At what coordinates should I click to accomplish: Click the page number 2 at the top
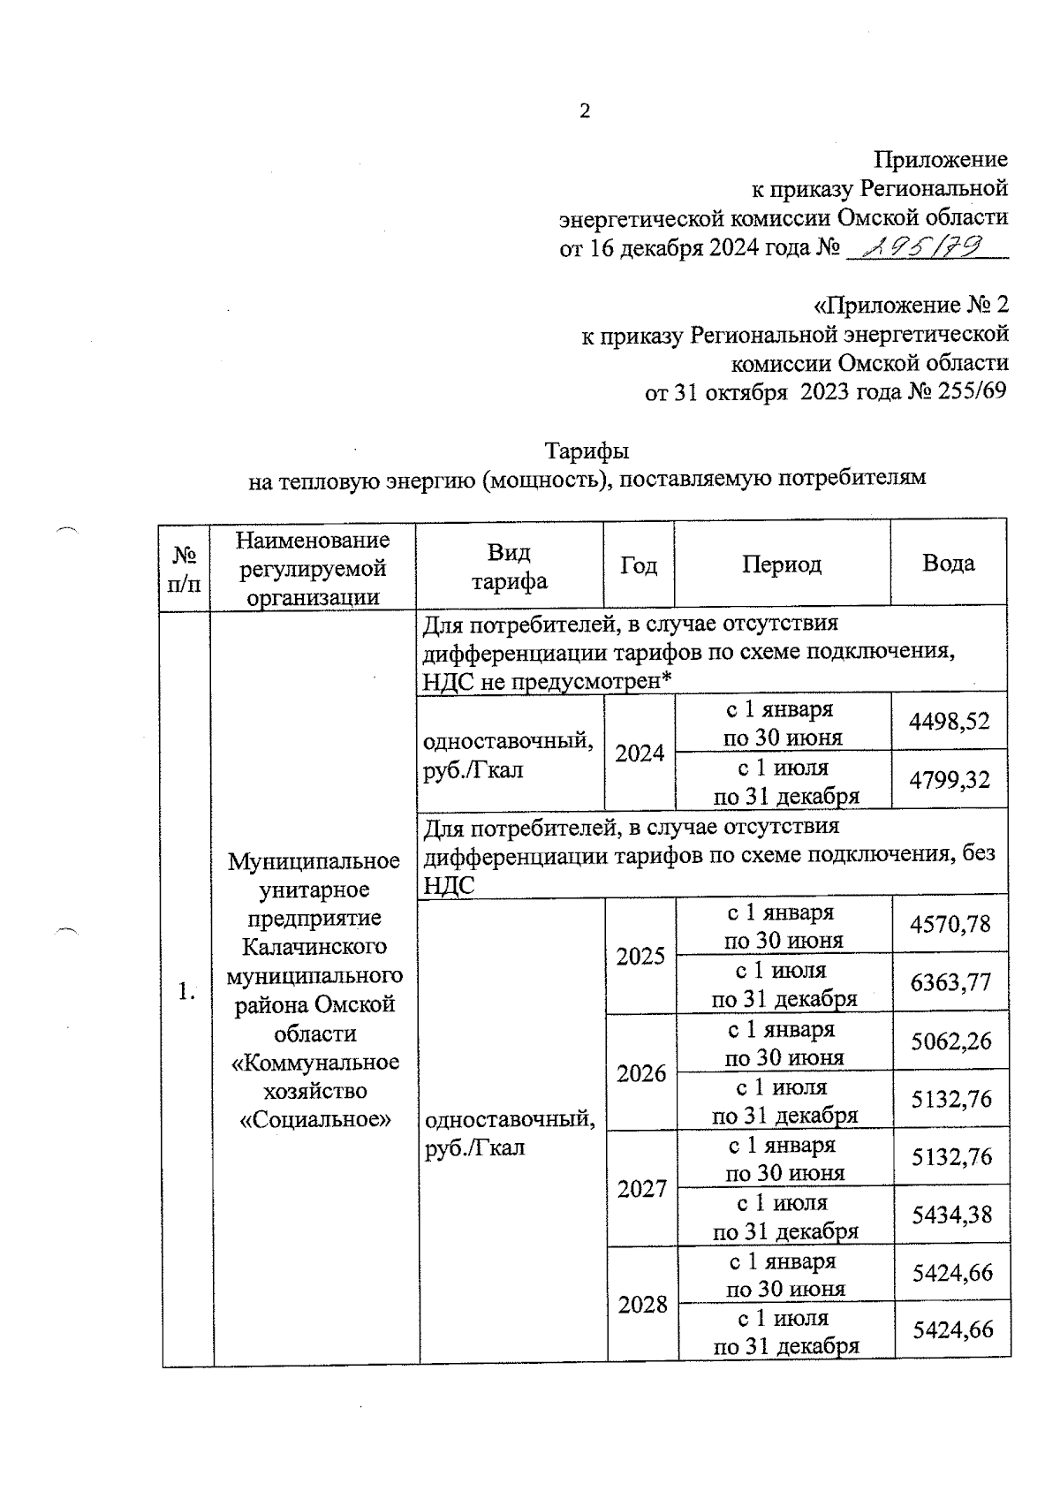584,110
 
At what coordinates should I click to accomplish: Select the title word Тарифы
587,450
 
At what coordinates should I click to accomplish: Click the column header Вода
948,564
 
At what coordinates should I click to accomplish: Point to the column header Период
781,564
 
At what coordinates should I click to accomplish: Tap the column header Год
639,564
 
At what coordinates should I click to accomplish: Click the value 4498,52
950,722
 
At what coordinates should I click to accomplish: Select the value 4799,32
950,780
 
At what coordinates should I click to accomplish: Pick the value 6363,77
951,982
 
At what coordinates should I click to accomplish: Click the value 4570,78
951,925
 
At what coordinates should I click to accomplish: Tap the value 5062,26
951,1041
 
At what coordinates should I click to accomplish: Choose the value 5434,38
952,1215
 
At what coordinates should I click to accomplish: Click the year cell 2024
640,753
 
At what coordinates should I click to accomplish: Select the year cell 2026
641,1072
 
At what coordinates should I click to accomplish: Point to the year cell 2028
642,1305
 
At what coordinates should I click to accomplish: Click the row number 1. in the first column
185,991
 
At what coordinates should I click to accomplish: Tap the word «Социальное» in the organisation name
315,1119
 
